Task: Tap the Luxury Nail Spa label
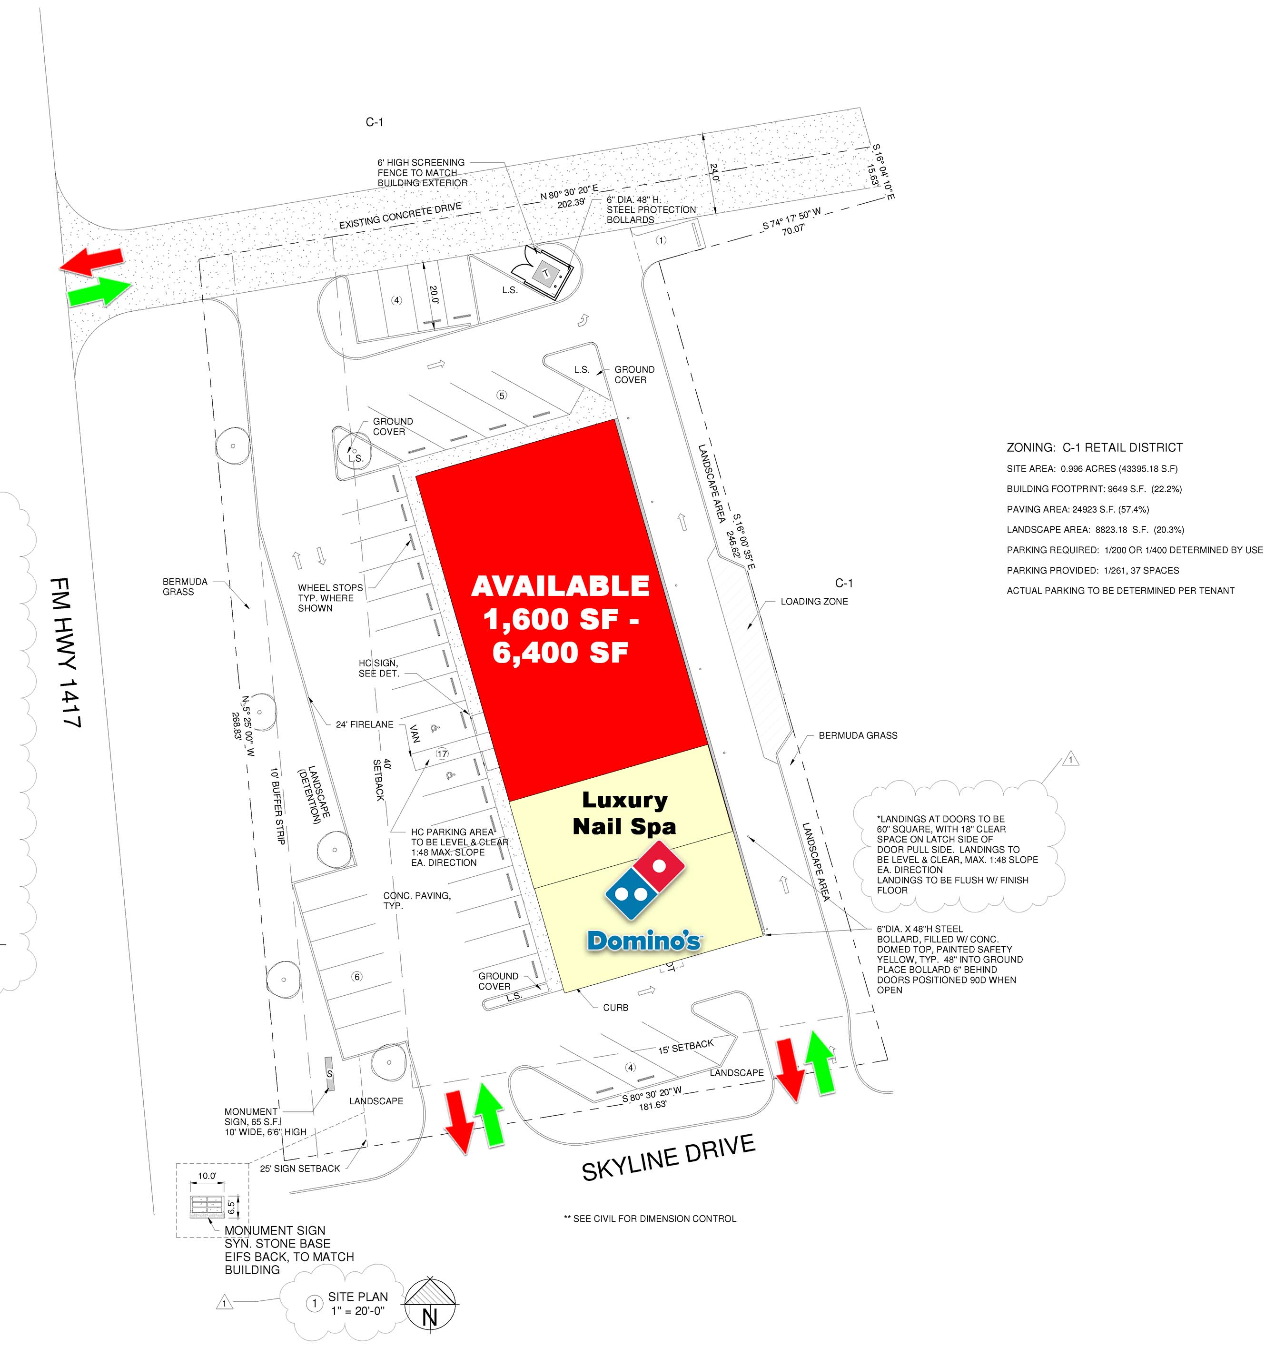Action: (624, 813)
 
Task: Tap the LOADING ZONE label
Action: (814, 602)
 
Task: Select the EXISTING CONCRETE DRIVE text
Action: (400, 216)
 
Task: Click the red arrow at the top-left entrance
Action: (91, 261)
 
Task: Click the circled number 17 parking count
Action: (442, 753)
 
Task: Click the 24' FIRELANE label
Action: (365, 724)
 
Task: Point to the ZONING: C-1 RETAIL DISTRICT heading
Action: (1095, 447)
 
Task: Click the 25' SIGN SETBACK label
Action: (300, 1168)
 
